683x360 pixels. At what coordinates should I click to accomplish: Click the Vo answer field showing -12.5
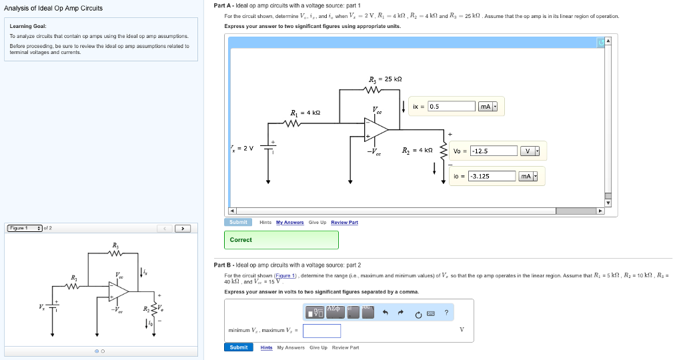494,151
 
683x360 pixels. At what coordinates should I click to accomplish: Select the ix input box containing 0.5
451,107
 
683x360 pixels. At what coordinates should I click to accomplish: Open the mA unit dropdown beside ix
488,107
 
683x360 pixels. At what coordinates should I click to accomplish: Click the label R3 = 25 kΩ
384,79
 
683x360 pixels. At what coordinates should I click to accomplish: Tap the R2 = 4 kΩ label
418,151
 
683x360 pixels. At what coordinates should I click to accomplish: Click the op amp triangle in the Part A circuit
375,129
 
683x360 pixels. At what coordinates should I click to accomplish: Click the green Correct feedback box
281,240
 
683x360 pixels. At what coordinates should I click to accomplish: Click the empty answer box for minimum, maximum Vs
321,331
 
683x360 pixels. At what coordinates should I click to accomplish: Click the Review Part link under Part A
344,222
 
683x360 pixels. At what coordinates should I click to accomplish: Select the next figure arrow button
183,229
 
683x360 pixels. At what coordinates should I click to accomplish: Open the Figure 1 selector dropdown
25,229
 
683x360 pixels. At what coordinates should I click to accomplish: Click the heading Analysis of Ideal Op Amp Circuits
53,9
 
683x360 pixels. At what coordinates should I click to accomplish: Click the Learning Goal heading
28,27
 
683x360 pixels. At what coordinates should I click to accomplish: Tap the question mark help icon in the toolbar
446,313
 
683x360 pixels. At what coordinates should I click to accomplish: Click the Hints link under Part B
266,347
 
